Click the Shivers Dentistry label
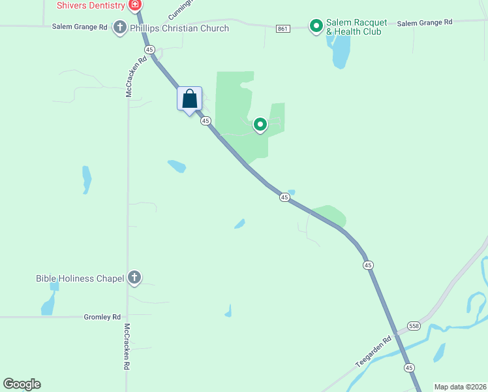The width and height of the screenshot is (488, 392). pos(91,5)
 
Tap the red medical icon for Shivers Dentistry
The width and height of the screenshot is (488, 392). pos(135,6)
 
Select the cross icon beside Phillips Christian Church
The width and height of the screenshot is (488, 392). pos(119,27)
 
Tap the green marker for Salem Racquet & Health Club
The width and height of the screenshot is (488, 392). pos(316,26)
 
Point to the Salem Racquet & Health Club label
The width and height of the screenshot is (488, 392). pos(357,27)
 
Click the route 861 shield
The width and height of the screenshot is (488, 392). pos(282,28)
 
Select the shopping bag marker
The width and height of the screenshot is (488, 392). pos(190,99)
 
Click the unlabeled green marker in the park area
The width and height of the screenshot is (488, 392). pos(260,124)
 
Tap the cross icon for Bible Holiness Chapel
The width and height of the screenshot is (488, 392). pos(134,278)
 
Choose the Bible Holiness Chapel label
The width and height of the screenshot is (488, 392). pos(80,278)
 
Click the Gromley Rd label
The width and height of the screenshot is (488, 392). pos(102,317)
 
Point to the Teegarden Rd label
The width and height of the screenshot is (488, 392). pos(373,351)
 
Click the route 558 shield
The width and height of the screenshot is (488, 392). pos(414,325)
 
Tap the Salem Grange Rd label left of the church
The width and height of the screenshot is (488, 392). pos(80,27)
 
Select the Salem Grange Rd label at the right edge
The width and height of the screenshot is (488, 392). pos(424,22)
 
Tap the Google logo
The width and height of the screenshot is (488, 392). pos(22,384)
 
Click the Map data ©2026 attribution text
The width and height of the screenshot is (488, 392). pos(460,387)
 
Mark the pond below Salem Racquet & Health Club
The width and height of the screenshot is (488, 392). pos(340,52)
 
